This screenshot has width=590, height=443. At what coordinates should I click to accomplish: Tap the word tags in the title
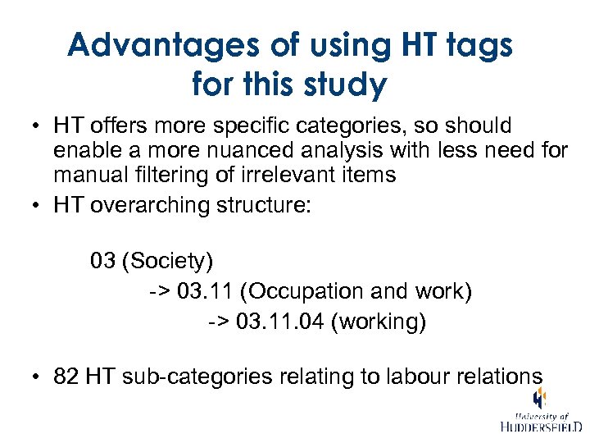(476, 45)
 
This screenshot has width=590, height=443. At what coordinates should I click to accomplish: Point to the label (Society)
(167, 262)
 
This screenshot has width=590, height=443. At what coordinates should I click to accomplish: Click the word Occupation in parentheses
(311, 292)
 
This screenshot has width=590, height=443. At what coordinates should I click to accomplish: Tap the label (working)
(379, 322)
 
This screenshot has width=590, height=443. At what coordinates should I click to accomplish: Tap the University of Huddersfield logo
(540, 412)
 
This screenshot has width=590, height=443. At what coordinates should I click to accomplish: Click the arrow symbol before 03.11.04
(218, 322)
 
